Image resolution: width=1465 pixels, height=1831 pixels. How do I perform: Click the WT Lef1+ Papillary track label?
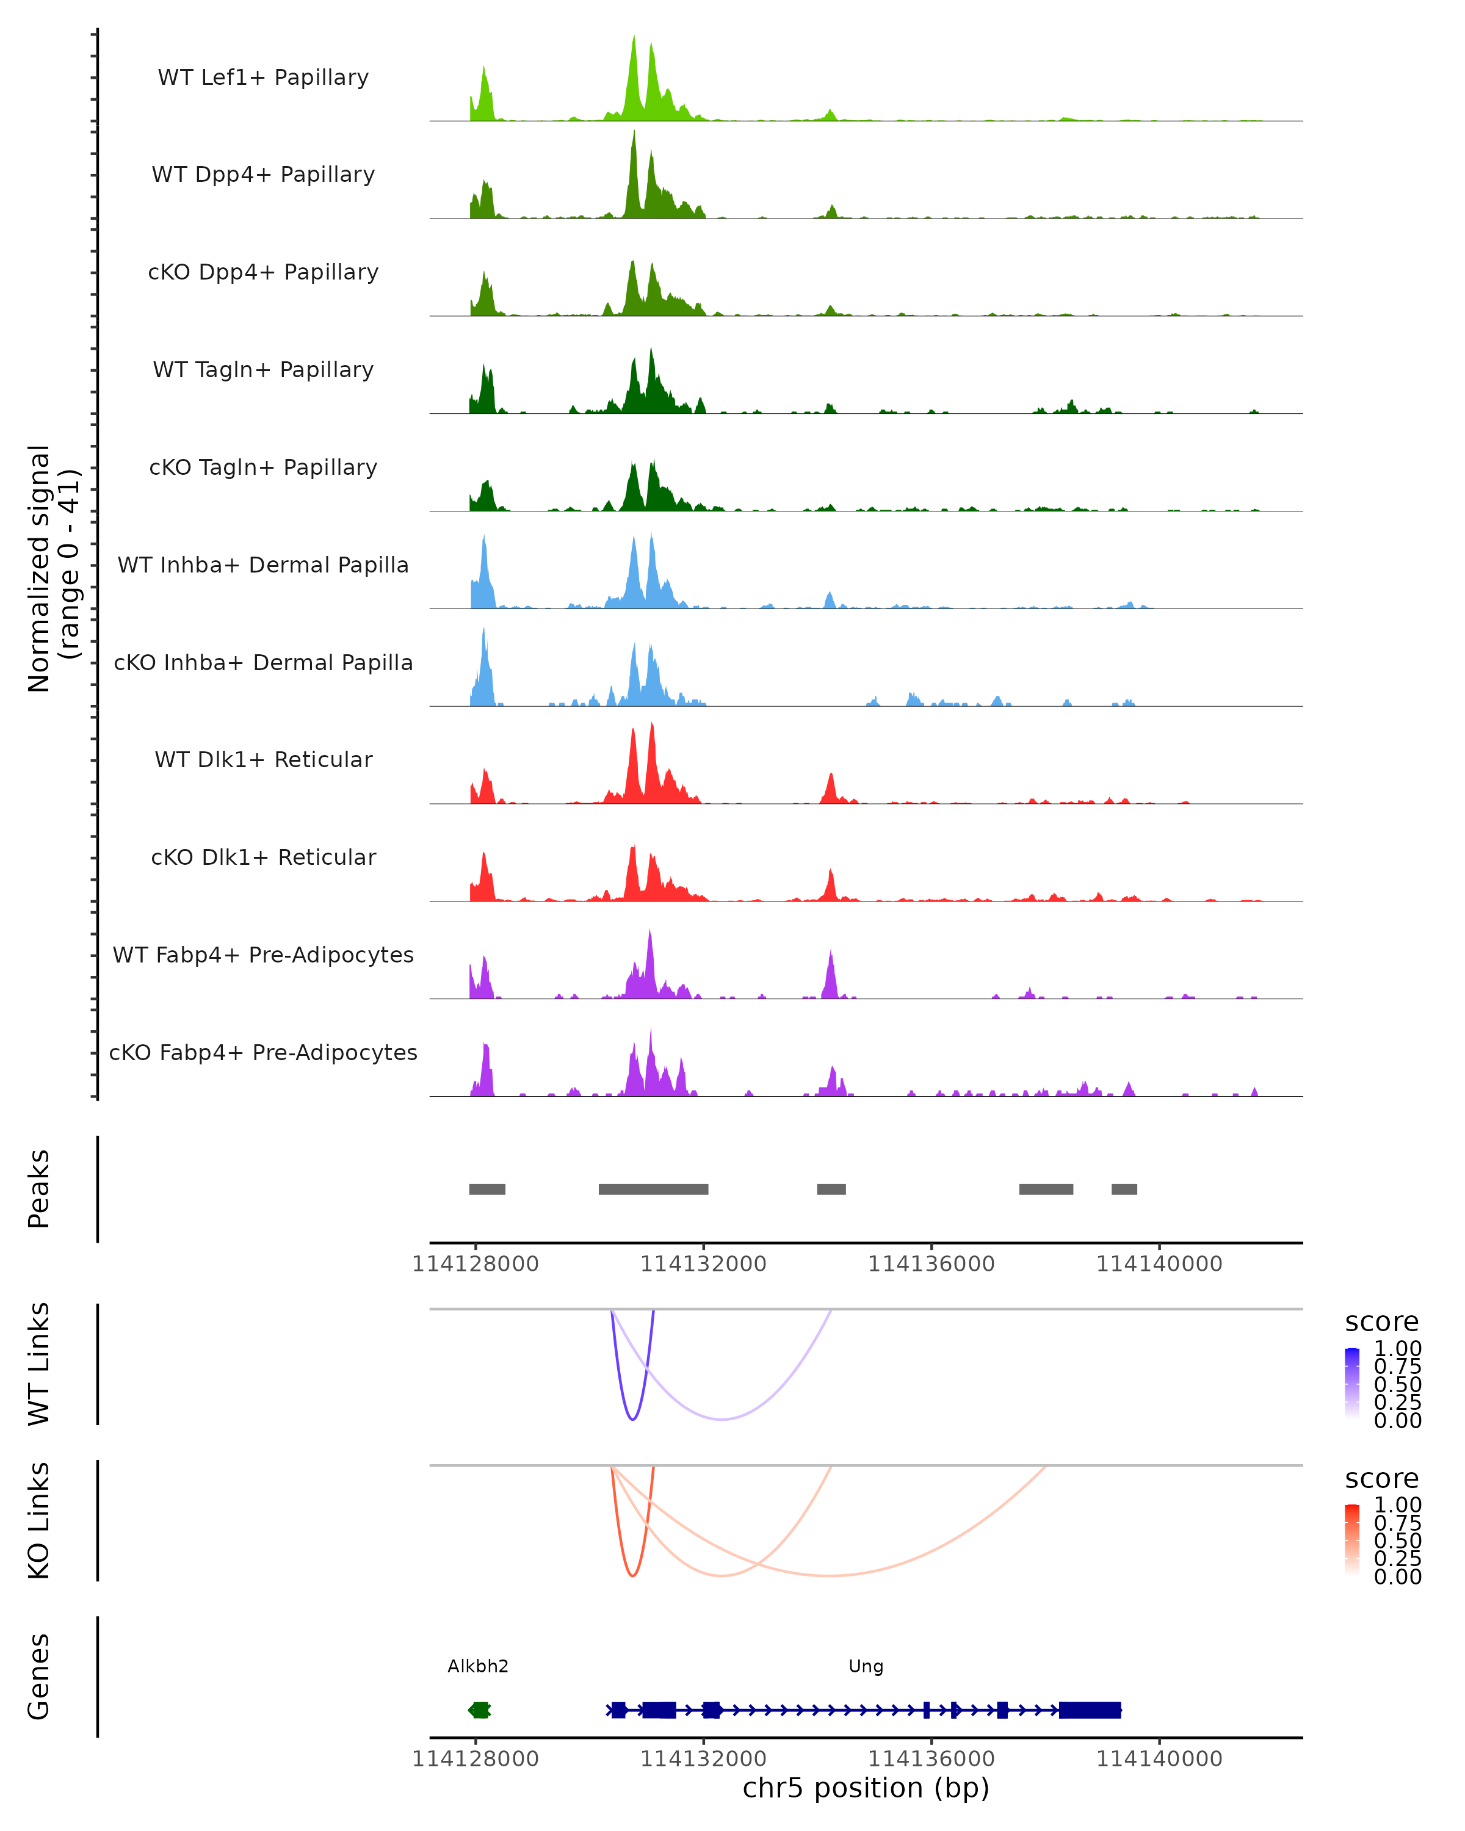pyautogui.click(x=263, y=78)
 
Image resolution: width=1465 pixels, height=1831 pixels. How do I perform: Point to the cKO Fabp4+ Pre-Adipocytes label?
pyautogui.click(x=263, y=1052)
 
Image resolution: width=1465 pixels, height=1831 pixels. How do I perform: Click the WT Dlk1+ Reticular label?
pyautogui.click(x=263, y=759)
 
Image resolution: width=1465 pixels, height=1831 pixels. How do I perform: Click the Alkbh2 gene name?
pyautogui.click(x=478, y=1666)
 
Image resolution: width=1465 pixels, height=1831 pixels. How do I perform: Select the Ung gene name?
pyautogui.click(x=866, y=1666)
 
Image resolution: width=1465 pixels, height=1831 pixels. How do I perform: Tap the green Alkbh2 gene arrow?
pyautogui.click(x=480, y=1710)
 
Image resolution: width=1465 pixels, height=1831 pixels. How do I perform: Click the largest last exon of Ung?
pyautogui.click(x=1090, y=1710)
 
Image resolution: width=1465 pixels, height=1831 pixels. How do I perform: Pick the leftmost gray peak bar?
pyautogui.click(x=488, y=1189)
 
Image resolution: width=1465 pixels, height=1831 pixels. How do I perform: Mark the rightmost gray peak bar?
pyautogui.click(x=1124, y=1189)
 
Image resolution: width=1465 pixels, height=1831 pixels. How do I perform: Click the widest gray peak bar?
pyautogui.click(x=653, y=1189)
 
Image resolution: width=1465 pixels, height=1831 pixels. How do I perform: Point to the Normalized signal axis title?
pyautogui.click(x=52, y=568)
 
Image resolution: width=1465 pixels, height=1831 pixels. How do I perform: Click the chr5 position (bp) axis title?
pyautogui.click(x=866, y=1788)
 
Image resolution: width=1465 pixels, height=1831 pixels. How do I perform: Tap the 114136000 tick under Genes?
pyautogui.click(x=931, y=1759)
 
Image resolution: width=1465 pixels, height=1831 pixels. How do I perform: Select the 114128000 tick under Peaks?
pyautogui.click(x=476, y=1264)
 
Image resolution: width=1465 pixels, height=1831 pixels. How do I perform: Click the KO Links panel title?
pyautogui.click(x=39, y=1520)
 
